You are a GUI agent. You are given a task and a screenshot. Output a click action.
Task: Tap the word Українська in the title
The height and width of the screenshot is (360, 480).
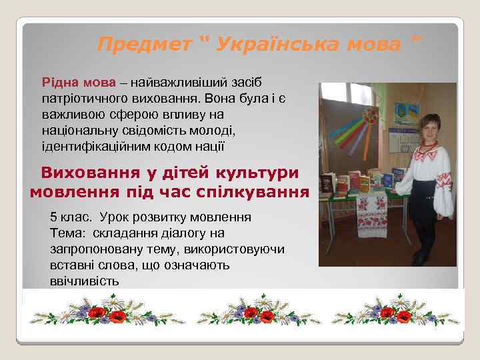275,45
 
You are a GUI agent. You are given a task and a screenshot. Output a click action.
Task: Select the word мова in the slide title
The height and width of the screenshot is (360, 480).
373,45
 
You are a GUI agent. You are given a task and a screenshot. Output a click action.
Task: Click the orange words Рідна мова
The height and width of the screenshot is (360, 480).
78,83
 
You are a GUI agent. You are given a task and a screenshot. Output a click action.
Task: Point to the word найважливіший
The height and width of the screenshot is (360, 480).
181,83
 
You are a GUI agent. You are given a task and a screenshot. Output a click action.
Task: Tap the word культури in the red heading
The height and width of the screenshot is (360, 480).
251,172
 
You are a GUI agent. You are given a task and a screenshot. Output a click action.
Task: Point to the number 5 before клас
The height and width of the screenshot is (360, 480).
53,217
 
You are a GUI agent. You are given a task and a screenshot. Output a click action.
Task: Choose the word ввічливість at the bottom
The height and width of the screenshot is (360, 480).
84,281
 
